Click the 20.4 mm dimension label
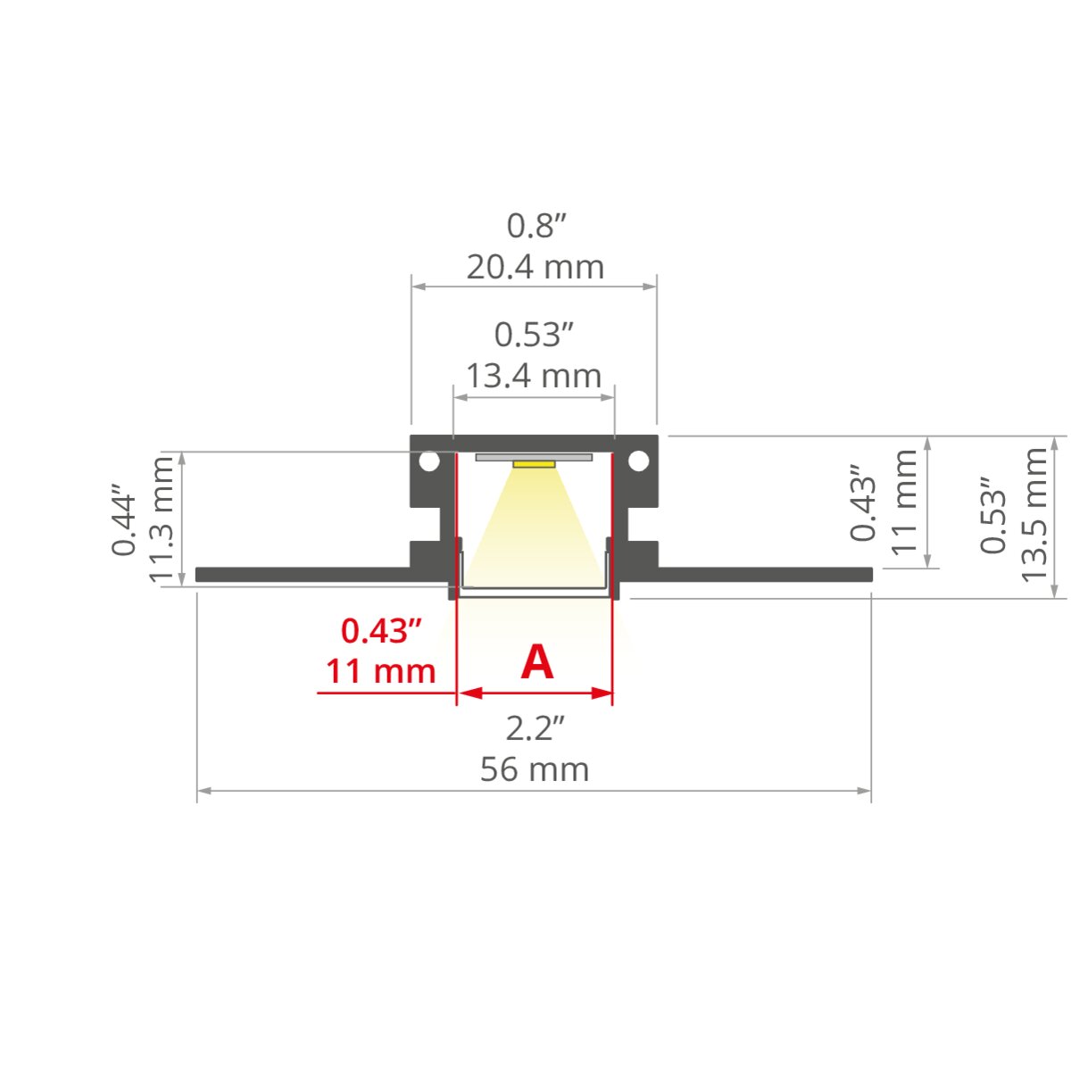(535, 268)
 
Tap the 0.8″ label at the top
(535, 226)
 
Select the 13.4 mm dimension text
(534, 376)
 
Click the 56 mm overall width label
(534, 769)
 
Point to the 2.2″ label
(535, 728)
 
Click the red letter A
(537, 662)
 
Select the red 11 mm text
(380, 671)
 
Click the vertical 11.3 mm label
(162, 519)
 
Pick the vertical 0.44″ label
(123, 520)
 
